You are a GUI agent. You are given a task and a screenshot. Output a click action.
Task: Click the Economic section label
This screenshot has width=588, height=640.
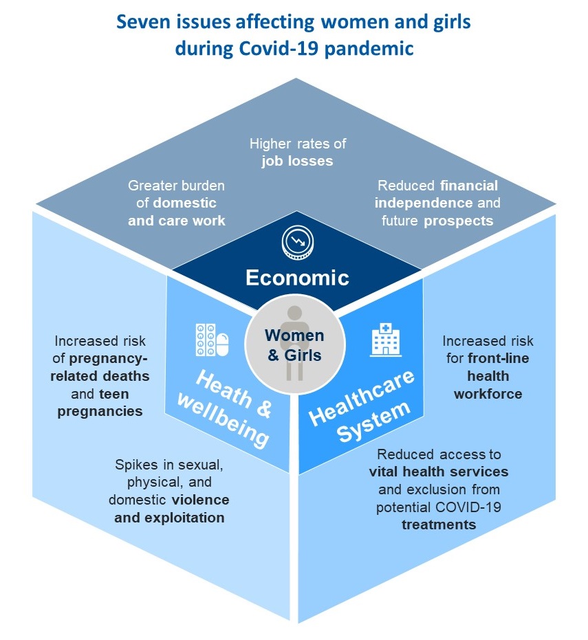click(297, 278)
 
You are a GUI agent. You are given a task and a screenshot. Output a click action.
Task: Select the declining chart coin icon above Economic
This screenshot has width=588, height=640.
click(297, 241)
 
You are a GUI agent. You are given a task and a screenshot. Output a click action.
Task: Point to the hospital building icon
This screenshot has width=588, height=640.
click(386, 340)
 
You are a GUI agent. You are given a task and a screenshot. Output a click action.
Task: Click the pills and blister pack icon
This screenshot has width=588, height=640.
click(211, 340)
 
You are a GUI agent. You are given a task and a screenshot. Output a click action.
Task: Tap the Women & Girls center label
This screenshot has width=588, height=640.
click(294, 345)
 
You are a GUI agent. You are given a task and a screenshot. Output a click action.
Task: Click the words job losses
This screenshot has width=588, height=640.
click(297, 162)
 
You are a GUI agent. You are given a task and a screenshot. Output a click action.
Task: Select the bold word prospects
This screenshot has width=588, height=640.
click(459, 221)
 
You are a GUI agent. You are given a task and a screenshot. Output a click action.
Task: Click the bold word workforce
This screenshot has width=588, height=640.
click(488, 394)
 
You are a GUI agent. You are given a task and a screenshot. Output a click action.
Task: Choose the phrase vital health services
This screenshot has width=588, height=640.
click(439, 472)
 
